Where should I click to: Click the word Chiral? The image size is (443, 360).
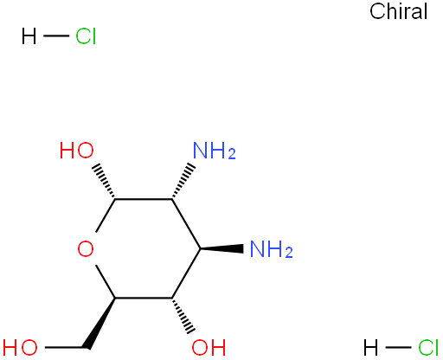tap(398, 11)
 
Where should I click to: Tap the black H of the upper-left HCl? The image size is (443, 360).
tap(29, 36)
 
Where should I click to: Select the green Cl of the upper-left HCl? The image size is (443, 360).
tap(86, 36)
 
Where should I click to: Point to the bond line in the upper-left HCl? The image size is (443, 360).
tap(56, 36)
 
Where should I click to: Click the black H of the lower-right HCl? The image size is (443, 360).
tap(370, 347)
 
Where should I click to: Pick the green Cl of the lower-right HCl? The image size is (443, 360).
tap(428, 347)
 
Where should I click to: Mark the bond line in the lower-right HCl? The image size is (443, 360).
tap(398, 347)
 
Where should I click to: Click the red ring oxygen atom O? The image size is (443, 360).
tap(86, 249)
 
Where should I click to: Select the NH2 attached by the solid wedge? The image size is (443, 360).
tap(272, 249)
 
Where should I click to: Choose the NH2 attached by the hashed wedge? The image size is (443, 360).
tap(215, 151)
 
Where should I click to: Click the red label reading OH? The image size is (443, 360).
tap(209, 347)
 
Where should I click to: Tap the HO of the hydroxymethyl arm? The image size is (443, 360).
tap(20, 347)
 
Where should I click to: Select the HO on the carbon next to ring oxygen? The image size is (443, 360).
tap(77, 151)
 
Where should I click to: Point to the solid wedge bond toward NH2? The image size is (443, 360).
tap(221, 248)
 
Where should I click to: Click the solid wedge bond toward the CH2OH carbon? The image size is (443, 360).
tap(100, 323)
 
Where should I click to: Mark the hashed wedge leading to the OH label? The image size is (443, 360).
tap(183, 315)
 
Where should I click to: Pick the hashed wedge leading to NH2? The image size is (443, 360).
tap(183, 182)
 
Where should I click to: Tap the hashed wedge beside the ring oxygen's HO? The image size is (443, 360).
tap(105, 182)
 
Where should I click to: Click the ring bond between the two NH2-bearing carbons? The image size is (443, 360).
tap(186, 223)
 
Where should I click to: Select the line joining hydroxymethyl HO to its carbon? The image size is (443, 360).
tap(65, 347)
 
